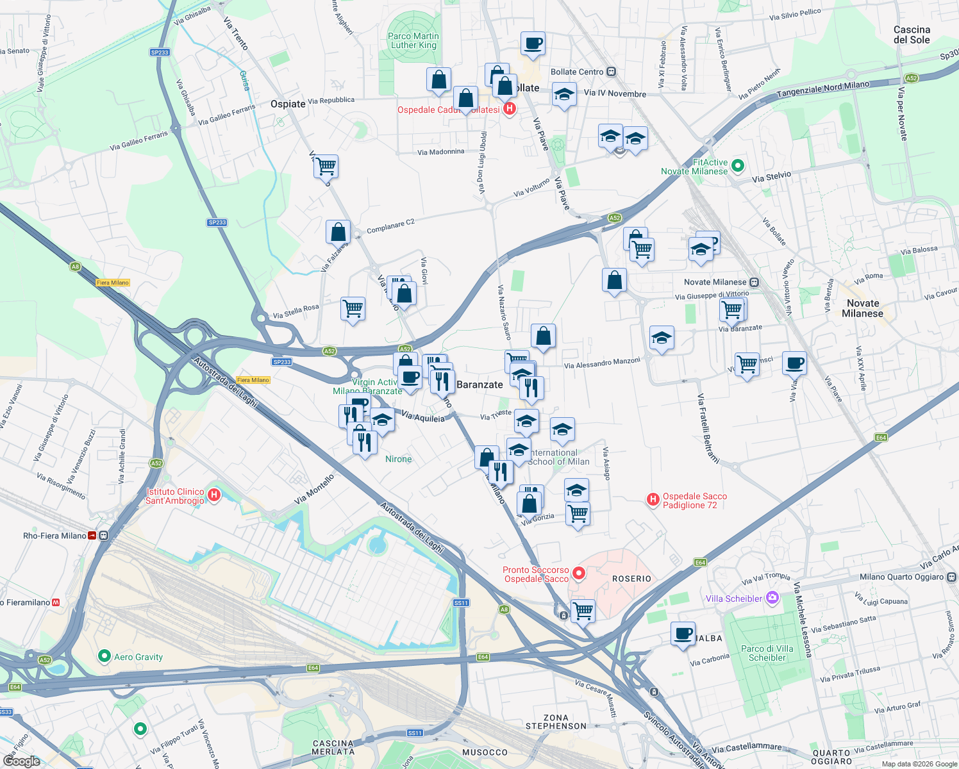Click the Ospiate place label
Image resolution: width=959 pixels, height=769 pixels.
[288, 104]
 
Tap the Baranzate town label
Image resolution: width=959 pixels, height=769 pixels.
[479, 384]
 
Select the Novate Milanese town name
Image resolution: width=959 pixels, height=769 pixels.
[862, 308]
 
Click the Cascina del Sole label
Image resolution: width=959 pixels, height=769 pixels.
[912, 35]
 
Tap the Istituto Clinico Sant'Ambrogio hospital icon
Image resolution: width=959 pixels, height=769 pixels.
[215, 495]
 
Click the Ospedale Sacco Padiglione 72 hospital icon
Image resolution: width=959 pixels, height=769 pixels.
[653, 500]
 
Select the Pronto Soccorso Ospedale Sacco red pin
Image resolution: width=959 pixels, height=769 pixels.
[579, 574]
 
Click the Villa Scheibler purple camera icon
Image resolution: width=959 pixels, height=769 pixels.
[772, 598]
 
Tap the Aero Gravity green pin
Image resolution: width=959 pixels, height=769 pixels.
[104, 656]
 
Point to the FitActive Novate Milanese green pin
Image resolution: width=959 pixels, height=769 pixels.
[738, 166]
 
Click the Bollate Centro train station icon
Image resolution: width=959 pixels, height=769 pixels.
[612, 72]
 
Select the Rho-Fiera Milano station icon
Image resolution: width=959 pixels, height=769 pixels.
[104, 536]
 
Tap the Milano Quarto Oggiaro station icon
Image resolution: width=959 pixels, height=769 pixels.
[951, 577]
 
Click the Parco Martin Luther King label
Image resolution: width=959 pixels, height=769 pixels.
[413, 40]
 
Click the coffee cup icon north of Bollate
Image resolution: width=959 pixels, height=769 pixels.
[533, 44]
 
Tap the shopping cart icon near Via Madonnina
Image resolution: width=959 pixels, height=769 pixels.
[326, 166]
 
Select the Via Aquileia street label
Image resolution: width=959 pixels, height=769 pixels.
[422, 417]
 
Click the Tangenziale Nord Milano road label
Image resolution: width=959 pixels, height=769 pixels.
[823, 89]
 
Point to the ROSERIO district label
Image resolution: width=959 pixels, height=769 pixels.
[631, 579]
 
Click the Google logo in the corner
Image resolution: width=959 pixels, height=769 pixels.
[21, 761]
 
